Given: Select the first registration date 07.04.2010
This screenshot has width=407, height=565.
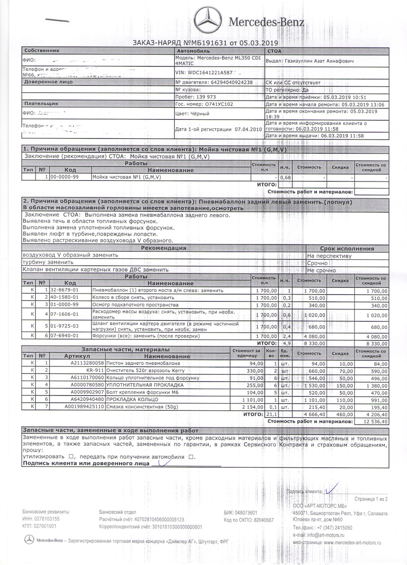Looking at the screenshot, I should point(248,129).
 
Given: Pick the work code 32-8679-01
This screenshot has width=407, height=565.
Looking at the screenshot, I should point(64,291).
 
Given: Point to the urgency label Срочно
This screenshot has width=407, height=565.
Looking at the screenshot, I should point(318,263).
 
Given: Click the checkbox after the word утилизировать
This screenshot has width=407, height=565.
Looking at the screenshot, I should point(71,457).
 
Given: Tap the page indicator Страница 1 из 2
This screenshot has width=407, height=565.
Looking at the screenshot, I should point(371,499).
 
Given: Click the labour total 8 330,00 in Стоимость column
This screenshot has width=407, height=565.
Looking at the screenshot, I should point(314,344).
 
